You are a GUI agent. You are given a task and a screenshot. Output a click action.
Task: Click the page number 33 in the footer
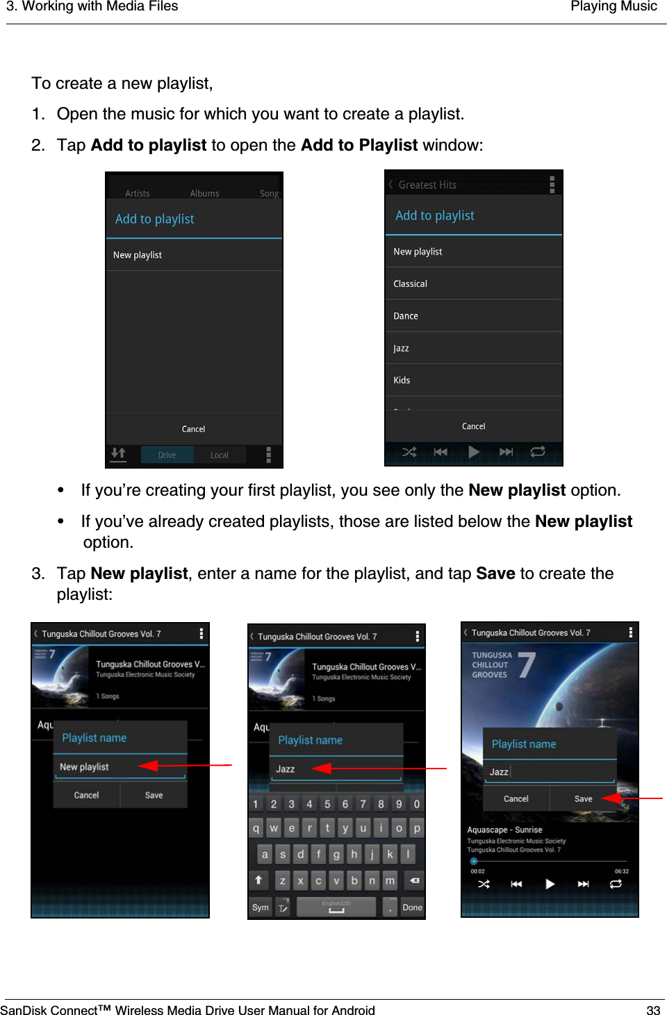pyautogui.click(x=652, y=1010)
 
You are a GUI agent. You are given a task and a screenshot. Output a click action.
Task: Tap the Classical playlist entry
pyautogui.click(x=410, y=284)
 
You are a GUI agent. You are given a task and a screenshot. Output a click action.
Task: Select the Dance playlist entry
pyautogui.click(x=406, y=316)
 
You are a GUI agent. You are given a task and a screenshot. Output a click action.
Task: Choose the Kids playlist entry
pyautogui.click(x=402, y=380)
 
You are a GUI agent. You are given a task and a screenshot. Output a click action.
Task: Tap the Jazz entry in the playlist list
pyautogui.click(x=401, y=349)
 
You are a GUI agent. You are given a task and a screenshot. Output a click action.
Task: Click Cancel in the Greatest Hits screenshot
pyautogui.click(x=473, y=426)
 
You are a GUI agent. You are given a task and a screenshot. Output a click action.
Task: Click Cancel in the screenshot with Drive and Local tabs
pyautogui.click(x=193, y=429)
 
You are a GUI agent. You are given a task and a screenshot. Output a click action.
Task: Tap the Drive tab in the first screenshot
pyautogui.click(x=167, y=455)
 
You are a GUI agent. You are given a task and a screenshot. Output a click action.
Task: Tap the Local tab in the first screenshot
pyautogui.click(x=220, y=455)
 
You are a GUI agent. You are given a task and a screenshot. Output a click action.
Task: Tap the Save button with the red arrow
pyautogui.click(x=583, y=799)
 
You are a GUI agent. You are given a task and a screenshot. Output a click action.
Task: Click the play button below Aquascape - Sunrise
pyautogui.click(x=550, y=884)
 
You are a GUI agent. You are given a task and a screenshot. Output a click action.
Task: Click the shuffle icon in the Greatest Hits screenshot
pyautogui.click(x=409, y=452)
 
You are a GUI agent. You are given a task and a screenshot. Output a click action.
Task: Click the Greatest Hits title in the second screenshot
pyautogui.click(x=427, y=185)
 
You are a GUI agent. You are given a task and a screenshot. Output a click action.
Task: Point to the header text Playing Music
pyautogui.click(x=613, y=7)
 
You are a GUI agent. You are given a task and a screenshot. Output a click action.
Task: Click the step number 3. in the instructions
pyautogui.click(x=39, y=573)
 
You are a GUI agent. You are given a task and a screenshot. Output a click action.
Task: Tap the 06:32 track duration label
pyautogui.click(x=621, y=871)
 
